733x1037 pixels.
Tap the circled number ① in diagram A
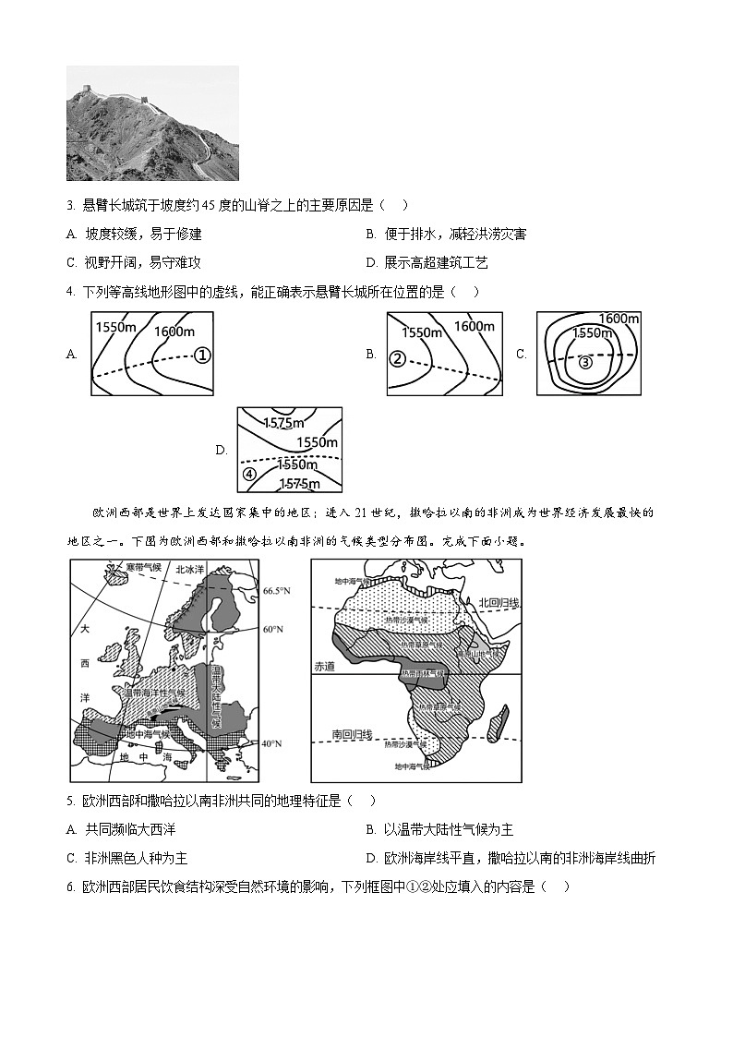pyautogui.click(x=202, y=354)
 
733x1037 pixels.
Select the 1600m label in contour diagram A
pyautogui.click(x=174, y=332)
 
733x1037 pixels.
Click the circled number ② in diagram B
pyautogui.click(x=398, y=358)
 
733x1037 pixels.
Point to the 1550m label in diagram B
pyautogui.click(x=423, y=332)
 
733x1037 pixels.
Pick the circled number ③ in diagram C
pyautogui.click(x=585, y=362)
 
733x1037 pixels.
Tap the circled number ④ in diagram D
pyautogui.click(x=249, y=475)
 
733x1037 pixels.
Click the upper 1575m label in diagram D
pyautogui.click(x=283, y=423)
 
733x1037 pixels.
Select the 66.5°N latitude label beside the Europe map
pyautogui.click(x=277, y=590)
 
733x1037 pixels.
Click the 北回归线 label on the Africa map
pyautogui.click(x=499, y=602)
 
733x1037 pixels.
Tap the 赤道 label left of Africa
pyautogui.click(x=324, y=666)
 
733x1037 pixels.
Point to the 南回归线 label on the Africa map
pyautogui.click(x=351, y=735)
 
